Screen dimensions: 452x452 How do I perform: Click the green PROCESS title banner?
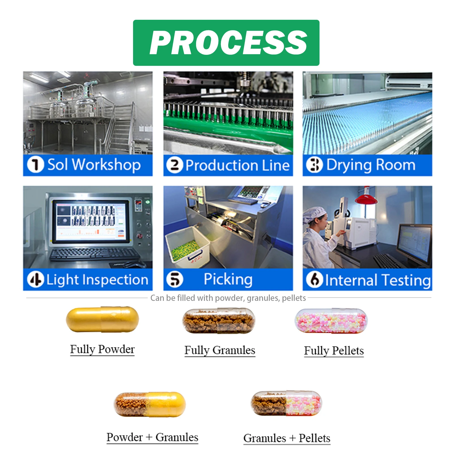point(226,43)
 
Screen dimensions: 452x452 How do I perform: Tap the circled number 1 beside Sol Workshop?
point(35,165)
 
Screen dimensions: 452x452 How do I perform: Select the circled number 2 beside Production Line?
point(175,165)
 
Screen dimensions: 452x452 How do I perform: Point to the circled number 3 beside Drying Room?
point(314,165)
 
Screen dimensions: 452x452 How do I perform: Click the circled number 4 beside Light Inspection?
point(35,280)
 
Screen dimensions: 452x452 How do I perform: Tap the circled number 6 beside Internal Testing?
point(314,280)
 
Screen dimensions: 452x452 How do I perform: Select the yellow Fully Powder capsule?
point(102,320)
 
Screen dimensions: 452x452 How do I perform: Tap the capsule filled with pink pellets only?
point(331,321)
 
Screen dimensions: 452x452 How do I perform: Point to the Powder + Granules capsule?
point(150,404)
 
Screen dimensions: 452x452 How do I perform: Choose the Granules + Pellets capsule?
point(286,403)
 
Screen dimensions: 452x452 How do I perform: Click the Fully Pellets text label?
point(334,351)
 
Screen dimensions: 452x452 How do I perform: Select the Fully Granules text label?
point(220,350)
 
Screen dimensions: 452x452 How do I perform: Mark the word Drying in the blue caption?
point(349,165)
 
